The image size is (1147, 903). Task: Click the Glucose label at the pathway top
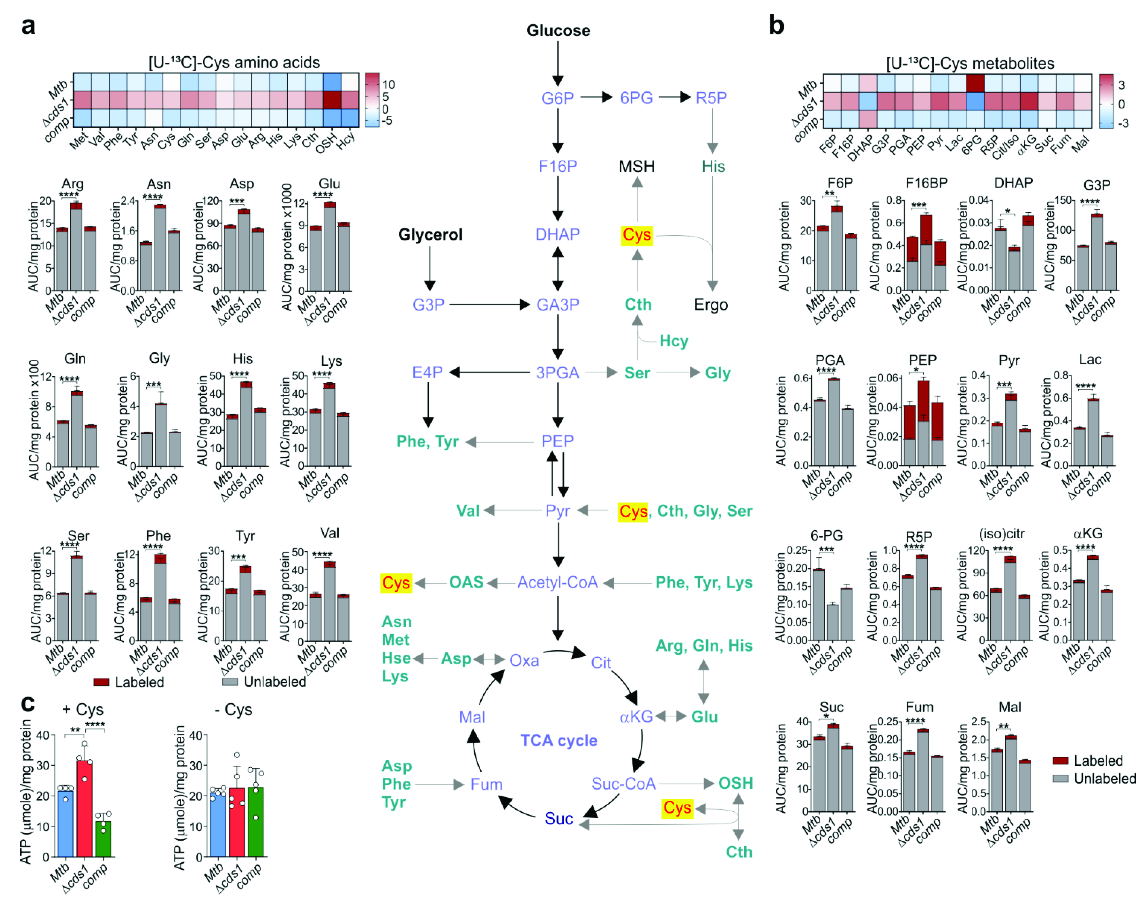(x=558, y=31)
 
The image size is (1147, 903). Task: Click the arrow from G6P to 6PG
(x=596, y=98)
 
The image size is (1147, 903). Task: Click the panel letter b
(x=776, y=25)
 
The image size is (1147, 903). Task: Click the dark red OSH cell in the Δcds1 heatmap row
(x=332, y=100)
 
